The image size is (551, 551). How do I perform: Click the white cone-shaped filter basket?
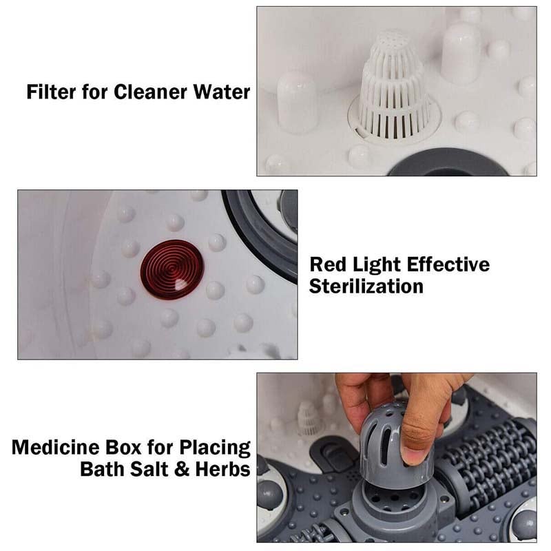393,86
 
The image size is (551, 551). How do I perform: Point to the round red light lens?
171,269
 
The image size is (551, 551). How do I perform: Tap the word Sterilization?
366,287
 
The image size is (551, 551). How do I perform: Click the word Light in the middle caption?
380,265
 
